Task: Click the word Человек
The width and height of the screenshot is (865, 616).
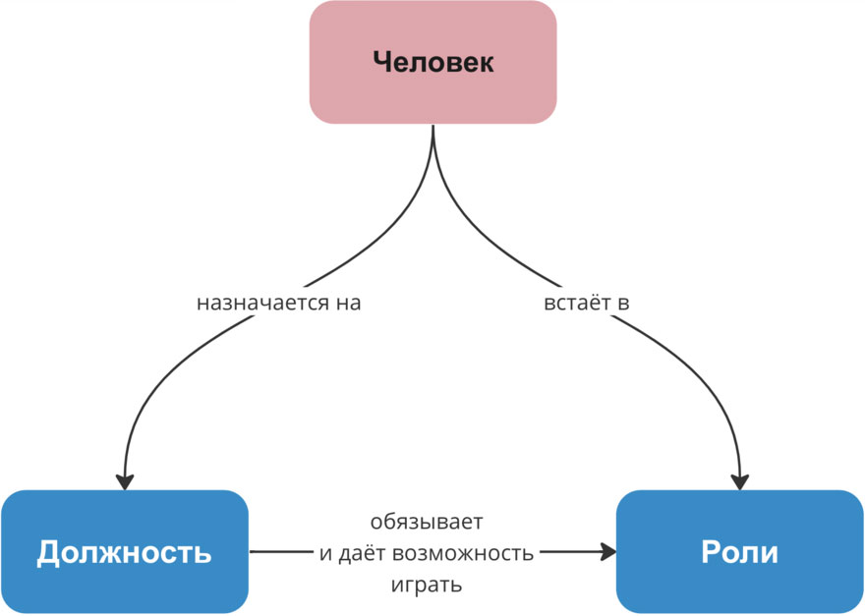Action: [432, 63]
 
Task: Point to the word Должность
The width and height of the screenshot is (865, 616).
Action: [124, 552]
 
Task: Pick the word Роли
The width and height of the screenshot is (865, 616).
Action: [739, 552]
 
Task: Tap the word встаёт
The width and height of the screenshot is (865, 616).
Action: [577, 303]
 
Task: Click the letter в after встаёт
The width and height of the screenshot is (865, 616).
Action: [622, 303]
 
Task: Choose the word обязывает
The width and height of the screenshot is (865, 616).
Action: [427, 521]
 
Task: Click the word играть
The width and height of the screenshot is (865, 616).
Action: [427, 586]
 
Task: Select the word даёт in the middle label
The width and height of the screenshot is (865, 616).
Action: [362, 553]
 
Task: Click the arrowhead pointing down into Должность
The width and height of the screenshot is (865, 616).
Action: [124, 481]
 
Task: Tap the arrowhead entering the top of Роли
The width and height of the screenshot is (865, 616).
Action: [739, 481]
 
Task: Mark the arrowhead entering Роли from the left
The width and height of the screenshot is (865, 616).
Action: [606, 552]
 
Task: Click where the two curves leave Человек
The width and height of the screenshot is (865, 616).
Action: [432, 133]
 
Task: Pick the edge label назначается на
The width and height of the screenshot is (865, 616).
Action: [279, 303]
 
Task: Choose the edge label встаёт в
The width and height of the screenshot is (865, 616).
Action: [586, 303]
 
